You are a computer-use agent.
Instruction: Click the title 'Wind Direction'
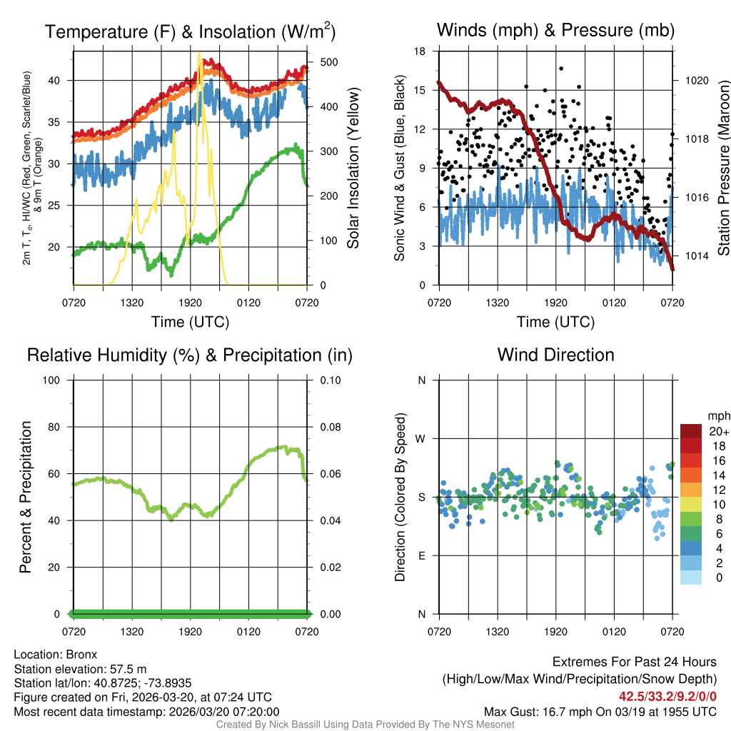pyautogui.click(x=555, y=355)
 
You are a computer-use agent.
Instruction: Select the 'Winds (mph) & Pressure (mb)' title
pyautogui.click(x=555, y=31)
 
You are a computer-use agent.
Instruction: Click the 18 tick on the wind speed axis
pyautogui.click(x=420, y=51)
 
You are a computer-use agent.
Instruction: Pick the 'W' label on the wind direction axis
pyautogui.click(x=421, y=438)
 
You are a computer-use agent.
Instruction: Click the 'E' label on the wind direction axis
pyautogui.click(x=421, y=555)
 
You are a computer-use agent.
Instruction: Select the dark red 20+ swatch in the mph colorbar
pyautogui.click(x=691, y=431)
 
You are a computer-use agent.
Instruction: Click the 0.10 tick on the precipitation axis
pyautogui.click(x=330, y=380)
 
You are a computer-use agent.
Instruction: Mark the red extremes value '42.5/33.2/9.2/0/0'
pyautogui.click(x=667, y=696)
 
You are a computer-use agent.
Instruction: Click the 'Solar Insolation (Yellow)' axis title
pyautogui.click(x=353, y=168)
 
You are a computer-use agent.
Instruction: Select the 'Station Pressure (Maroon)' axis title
pyautogui.click(x=722, y=168)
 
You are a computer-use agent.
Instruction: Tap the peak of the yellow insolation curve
pyautogui.click(x=200, y=54)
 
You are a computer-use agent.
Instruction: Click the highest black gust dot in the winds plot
pyautogui.click(x=561, y=69)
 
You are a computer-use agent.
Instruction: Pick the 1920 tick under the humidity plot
pyautogui.click(x=191, y=632)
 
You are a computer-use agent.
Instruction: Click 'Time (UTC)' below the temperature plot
pyautogui.click(x=191, y=322)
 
